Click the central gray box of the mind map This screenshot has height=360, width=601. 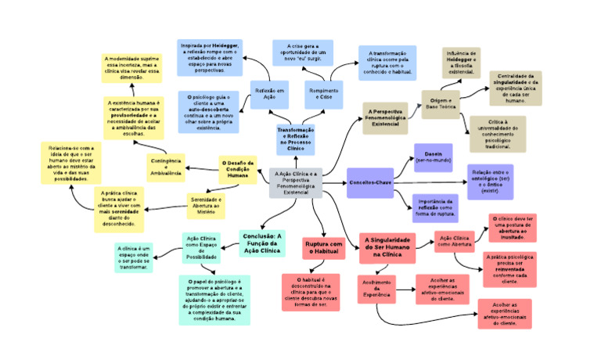[x=295, y=182]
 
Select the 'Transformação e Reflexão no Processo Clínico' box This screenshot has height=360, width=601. [x=296, y=139]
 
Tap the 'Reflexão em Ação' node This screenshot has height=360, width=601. [x=269, y=95]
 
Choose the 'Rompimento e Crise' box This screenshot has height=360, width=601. [x=324, y=95]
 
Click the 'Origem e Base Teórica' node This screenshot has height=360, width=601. [x=440, y=104]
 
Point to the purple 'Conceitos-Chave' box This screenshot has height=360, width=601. [x=370, y=182]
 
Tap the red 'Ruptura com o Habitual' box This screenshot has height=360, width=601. [x=324, y=248]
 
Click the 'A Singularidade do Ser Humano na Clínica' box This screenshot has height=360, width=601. [x=387, y=248]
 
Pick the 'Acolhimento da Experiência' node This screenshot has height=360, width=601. [x=377, y=290]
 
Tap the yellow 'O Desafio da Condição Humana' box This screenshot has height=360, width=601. [x=238, y=171]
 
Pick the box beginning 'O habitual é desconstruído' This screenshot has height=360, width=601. [x=311, y=292]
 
